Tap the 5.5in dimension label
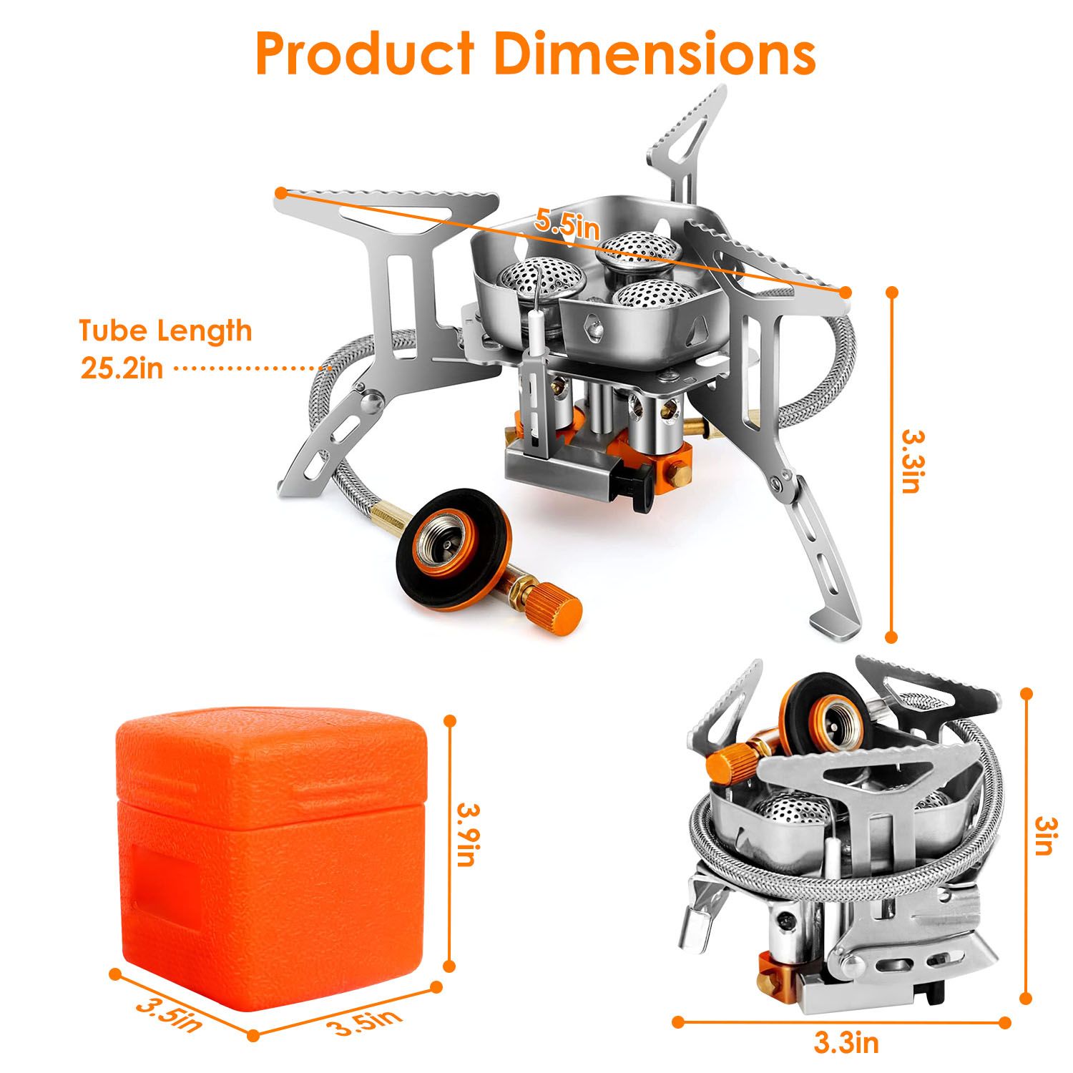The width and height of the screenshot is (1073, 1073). click(x=567, y=226)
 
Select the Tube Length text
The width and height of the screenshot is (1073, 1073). click(x=165, y=331)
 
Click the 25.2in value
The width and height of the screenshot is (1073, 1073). click(x=122, y=368)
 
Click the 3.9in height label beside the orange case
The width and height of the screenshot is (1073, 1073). click(x=469, y=835)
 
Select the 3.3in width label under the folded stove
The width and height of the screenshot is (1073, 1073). click(x=846, y=1043)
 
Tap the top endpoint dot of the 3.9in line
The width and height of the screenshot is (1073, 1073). click(x=450, y=721)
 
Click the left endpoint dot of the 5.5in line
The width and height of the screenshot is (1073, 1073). click(x=281, y=192)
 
